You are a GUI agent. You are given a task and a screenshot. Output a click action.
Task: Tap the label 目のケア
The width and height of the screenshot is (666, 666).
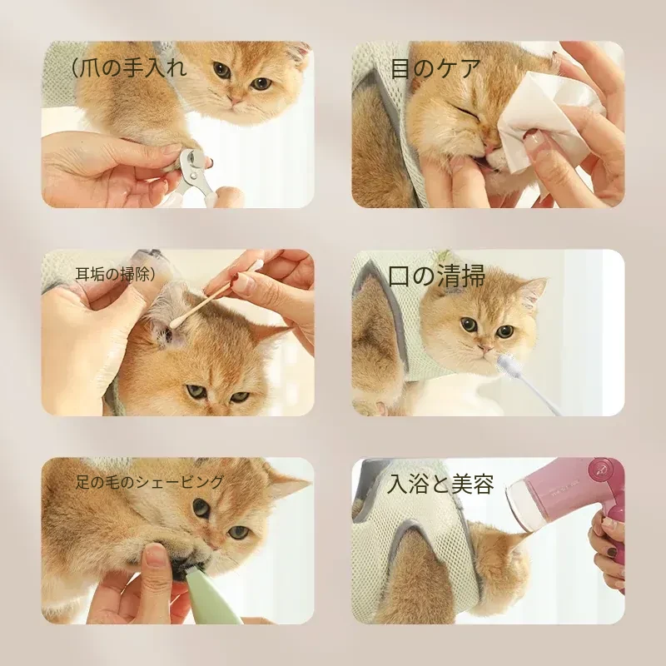pos(435,68)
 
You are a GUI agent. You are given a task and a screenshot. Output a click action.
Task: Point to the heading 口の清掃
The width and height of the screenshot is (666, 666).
pos(436,276)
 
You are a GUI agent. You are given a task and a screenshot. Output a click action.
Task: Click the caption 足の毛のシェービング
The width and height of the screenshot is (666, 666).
pos(149,482)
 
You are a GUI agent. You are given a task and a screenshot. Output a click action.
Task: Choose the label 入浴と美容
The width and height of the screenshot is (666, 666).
pos(440,484)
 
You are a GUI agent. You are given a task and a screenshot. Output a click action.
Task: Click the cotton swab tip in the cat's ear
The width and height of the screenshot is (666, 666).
pos(174,324)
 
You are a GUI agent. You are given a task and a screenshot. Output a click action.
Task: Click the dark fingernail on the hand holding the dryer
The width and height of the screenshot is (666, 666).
pos(612,552)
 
